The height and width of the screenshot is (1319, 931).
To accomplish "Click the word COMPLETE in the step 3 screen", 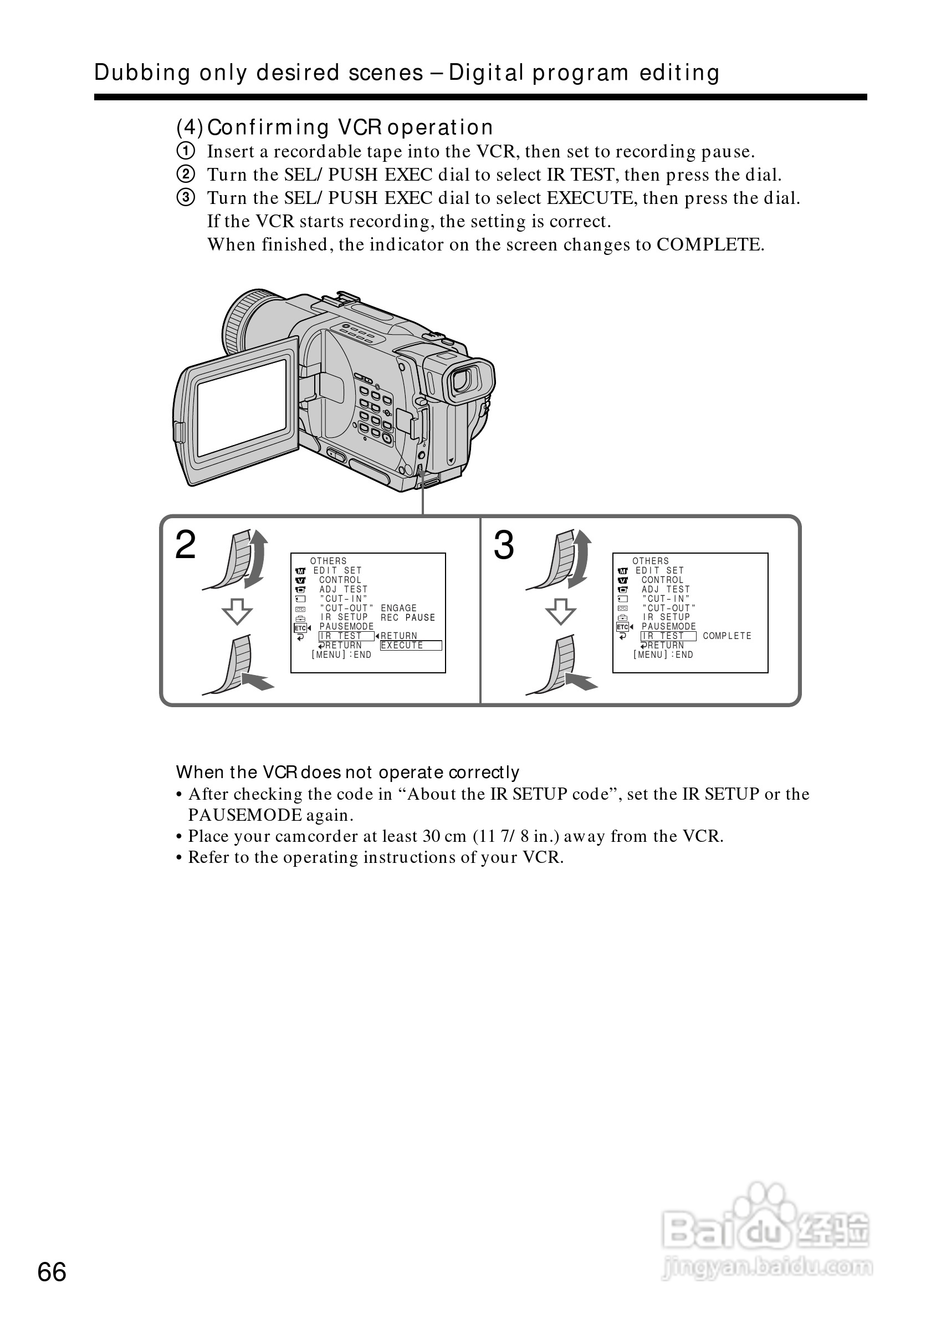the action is tap(727, 636).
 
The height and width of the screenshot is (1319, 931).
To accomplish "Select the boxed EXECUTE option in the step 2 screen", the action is tap(411, 646).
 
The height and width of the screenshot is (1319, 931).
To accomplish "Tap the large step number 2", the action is tap(186, 545).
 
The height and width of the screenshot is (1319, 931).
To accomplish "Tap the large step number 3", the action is tap(504, 545).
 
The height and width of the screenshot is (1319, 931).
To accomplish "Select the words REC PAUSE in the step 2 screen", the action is tap(408, 617).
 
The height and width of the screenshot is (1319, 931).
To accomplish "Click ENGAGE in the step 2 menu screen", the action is tap(398, 608).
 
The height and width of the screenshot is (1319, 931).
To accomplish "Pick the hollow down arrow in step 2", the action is tap(237, 611).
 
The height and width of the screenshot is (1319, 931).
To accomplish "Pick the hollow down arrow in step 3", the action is tap(561, 611).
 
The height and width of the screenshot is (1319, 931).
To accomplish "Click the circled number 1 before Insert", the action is tap(185, 152).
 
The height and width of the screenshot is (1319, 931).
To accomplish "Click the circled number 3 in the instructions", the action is tap(185, 198).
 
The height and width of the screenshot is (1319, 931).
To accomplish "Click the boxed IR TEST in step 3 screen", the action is tap(668, 636).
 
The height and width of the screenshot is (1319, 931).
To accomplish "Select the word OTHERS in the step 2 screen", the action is tap(329, 561).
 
